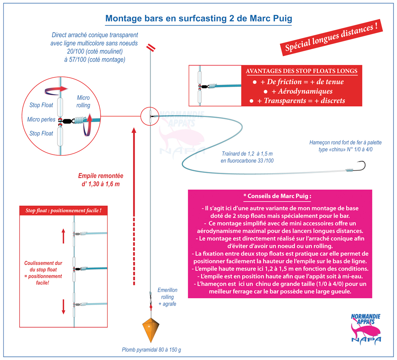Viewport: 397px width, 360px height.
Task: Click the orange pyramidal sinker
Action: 151,330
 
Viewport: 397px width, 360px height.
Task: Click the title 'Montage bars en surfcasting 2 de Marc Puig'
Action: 199,19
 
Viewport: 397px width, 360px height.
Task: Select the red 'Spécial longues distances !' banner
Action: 331,38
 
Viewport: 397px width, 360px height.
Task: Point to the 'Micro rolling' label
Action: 83,102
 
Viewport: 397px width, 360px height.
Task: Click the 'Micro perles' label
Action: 41,119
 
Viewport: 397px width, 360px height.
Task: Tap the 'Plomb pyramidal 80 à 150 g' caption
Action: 152,350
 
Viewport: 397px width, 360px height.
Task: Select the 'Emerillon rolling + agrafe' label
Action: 167,297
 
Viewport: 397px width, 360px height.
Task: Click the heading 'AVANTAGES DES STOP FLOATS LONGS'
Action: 302,71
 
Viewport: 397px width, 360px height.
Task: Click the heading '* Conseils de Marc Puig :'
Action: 277,196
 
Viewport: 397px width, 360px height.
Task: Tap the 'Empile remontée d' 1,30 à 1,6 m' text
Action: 100,180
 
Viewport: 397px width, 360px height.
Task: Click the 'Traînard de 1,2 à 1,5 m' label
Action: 247,153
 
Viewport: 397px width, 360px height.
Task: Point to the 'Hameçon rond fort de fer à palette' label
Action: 345,143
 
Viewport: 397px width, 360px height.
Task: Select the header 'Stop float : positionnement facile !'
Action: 63,210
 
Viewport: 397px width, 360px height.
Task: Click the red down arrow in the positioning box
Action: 64,307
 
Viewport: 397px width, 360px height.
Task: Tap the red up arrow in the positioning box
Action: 63,236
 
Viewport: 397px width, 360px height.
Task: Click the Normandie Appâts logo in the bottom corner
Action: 366,329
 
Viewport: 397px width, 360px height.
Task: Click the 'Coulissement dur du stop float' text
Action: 43,266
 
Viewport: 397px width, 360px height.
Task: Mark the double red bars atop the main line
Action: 151,47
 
